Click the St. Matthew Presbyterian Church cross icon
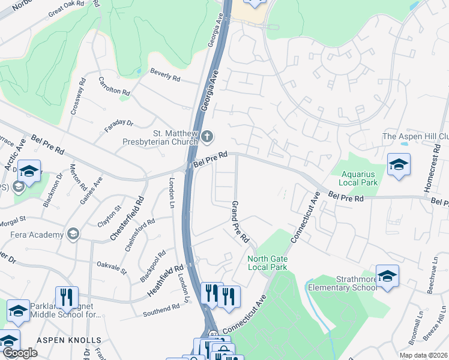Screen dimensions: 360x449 tap(207, 136)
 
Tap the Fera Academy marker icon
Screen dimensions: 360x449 tap(73, 233)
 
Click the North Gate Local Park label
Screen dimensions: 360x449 tap(268, 263)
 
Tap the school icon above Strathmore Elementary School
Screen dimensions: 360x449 tap(388, 276)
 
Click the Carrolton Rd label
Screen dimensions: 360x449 tap(114, 87)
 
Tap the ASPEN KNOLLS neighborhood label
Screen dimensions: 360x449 tap(69, 340)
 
